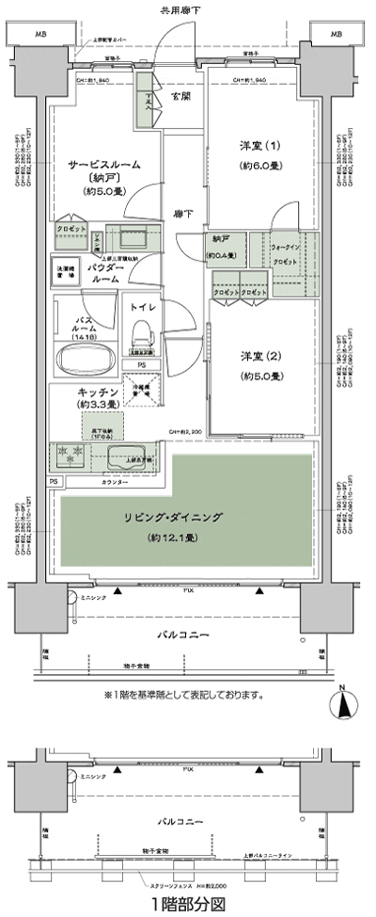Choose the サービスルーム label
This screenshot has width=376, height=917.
103,164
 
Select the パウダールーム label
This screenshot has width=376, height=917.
105,274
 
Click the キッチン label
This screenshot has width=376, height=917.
98,390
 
